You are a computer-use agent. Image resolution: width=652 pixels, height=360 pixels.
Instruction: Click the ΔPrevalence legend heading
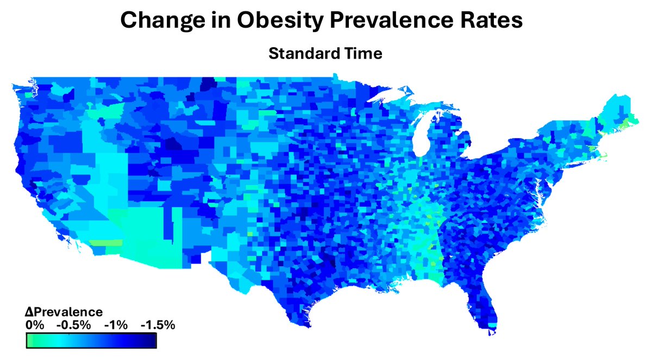coord(64,312)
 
